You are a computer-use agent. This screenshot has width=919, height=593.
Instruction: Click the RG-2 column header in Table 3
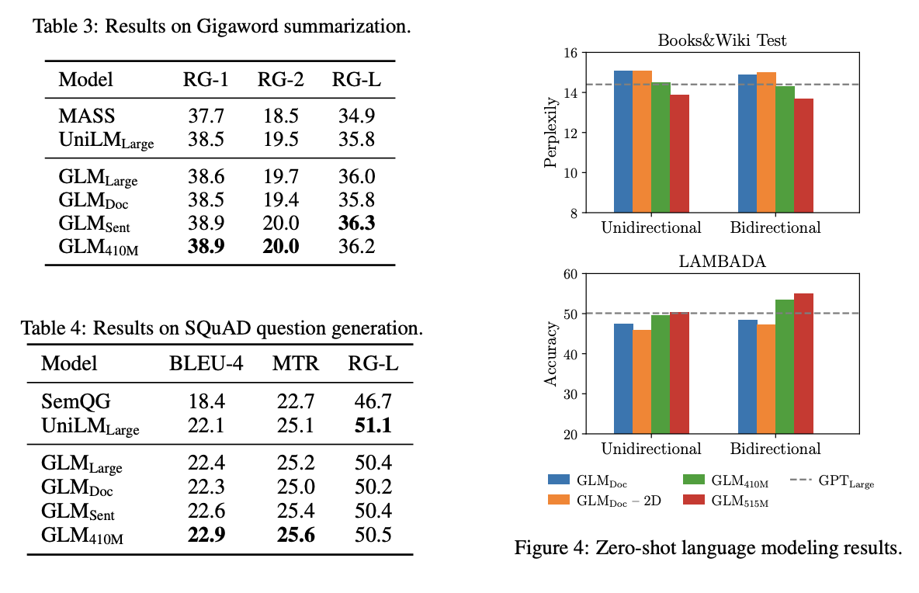tap(278, 79)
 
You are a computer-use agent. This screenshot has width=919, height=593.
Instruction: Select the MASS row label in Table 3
tap(87, 116)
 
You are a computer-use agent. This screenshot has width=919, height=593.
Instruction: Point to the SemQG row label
tap(76, 401)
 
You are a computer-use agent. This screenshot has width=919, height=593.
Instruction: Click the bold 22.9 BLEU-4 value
tap(206, 536)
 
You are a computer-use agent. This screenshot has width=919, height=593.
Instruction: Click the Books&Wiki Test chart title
tap(721, 40)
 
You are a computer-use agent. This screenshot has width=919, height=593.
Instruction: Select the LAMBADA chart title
tap(721, 261)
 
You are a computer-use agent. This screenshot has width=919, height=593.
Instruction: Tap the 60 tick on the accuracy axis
tap(571, 273)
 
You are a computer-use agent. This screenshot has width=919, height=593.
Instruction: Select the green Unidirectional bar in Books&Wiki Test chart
tap(661, 147)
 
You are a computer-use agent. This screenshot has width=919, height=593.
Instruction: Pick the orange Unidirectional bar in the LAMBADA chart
tap(642, 381)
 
